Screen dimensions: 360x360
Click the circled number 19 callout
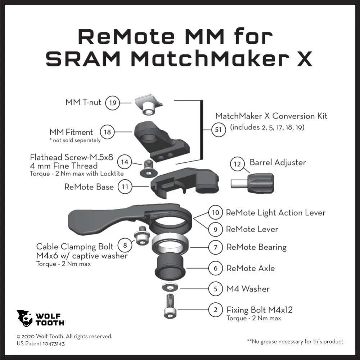point(112,103)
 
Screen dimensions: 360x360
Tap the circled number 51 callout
point(219,130)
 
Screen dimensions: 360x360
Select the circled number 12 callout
point(237,164)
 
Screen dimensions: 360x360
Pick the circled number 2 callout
point(215,310)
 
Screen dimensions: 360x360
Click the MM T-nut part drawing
point(148,105)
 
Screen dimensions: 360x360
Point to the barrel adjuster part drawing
point(252,183)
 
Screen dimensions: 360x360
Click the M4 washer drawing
point(170,287)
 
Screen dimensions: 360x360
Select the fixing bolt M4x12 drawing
point(170,306)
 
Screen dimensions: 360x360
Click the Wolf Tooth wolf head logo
point(24,318)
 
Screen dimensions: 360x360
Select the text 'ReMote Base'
point(89,187)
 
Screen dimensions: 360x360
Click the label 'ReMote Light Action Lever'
point(275,213)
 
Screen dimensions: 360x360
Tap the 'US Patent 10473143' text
point(41,344)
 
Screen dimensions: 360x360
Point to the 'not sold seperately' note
point(75,140)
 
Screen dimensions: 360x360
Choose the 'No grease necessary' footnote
point(295,342)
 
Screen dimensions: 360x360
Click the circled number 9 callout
point(215,229)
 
